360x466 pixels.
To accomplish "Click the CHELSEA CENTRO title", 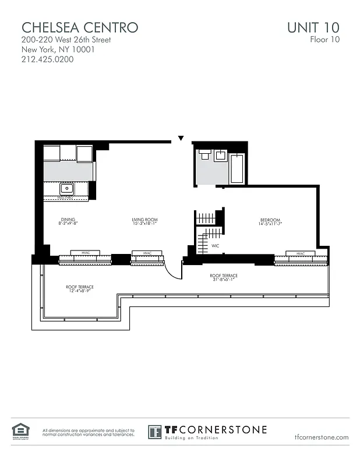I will coord(80,27).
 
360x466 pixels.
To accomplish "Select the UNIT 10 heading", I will coord(313,27).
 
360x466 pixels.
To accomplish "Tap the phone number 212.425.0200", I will coord(48,59).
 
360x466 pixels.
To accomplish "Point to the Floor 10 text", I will coord(324,40).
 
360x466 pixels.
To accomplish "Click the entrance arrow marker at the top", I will coord(181,139).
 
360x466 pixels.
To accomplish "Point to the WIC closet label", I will coord(215,246).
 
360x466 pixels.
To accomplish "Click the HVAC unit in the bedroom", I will coord(301,254).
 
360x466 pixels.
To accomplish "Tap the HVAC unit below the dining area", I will coord(86,253).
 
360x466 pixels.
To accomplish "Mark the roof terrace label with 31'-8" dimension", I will coord(224,277).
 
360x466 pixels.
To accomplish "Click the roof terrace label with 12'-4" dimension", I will coord(80,288).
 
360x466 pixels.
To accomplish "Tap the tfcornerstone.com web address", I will coord(322,437).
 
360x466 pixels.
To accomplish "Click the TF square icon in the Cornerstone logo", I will coord(154,432).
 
